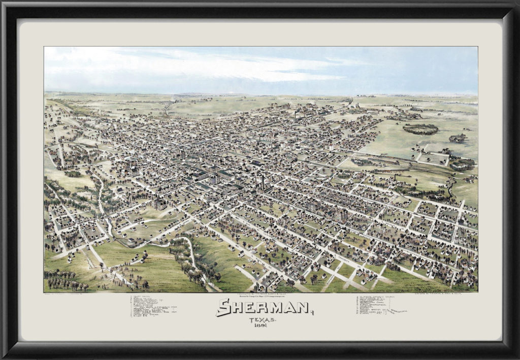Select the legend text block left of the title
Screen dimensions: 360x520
(x=152, y=306)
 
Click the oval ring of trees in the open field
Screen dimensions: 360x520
(x=420, y=129)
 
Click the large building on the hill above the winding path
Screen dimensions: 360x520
(x=158, y=204)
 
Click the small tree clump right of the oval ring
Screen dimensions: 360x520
(x=459, y=138)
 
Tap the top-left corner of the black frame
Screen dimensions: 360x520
(x=4, y=4)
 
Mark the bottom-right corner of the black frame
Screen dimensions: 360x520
(x=515, y=355)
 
